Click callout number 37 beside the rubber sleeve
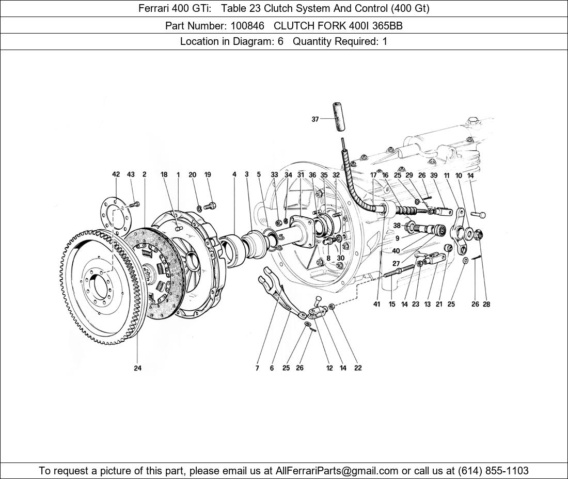pyautogui.click(x=315, y=119)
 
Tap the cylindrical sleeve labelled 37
pyautogui.click(x=338, y=118)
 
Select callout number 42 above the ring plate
pyautogui.click(x=116, y=174)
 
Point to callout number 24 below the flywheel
pyautogui.click(x=137, y=368)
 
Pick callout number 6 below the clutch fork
pyautogui.click(x=272, y=368)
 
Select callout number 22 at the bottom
pyautogui.click(x=358, y=368)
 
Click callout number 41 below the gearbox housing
pyautogui.click(x=376, y=304)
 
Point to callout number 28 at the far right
pyautogui.click(x=486, y=304)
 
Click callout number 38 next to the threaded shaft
pyautogui.click(x=397, y=226)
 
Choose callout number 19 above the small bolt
pyautogui.click(x=208, y=174)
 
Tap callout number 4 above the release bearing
pyautogui.click(x=234, y=174)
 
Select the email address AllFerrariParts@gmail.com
pyautogui.click(x=337, y=471)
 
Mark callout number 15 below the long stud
pyautogui.click(x=392, y=304)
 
